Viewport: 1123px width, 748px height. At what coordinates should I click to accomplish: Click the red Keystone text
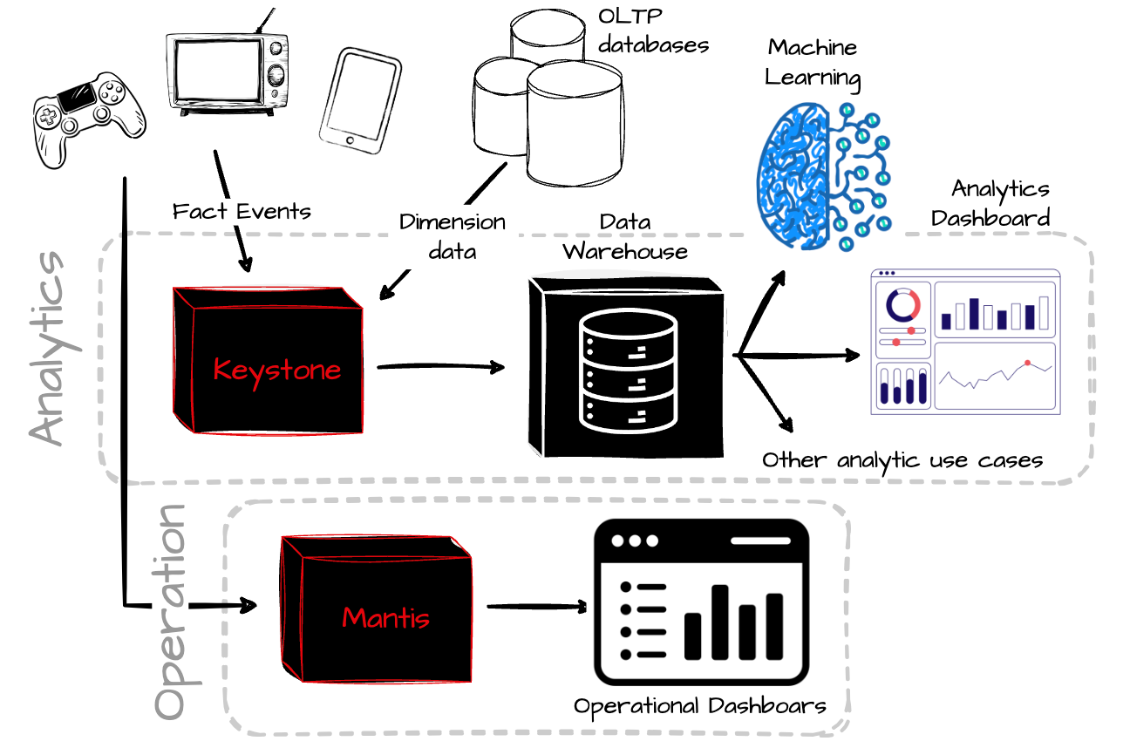click(x=276, y=370)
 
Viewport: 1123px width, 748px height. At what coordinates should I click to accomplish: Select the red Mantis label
click(x=385, y=618)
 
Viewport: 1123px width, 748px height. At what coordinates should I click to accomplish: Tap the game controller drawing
click(x=88, y=118)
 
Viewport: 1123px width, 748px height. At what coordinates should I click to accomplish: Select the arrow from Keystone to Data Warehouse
click(x=441, y=367)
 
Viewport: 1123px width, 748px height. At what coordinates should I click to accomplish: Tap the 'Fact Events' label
click(x=242, y=211)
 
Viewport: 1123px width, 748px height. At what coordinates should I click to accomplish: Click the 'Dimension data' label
click(x=452, y=236)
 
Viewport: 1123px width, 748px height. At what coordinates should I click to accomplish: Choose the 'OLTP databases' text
click(x=652, y=31)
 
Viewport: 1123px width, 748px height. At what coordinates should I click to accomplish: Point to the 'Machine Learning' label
click(x=813, y=62)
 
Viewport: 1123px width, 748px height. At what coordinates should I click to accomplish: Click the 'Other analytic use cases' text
click(x=902, y=459)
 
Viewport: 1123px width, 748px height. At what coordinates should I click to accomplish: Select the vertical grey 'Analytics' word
click(x=48, y=349)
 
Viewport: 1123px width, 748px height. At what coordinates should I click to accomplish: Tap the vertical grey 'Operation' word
click(x=171, y=610)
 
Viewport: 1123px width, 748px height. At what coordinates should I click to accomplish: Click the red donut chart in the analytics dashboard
click(x=902, y=305)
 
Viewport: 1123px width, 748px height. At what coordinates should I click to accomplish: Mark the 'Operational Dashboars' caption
click(x=700, y=705)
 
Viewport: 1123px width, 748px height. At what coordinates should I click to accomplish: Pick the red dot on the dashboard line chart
click(x=1027, y=362)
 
